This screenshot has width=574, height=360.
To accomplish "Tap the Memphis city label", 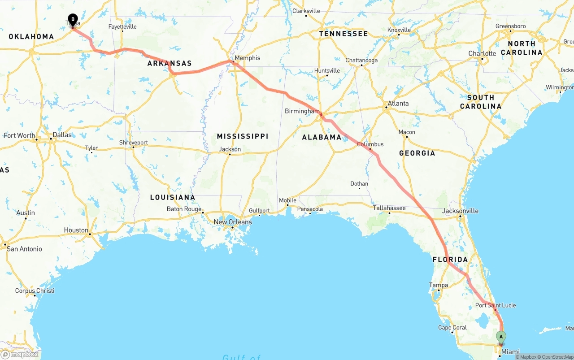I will point(247,58).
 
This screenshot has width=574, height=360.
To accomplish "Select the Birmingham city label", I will point(302,111).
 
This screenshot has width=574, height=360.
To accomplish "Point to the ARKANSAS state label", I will point(170,64).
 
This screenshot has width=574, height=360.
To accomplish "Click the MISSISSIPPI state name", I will point(243,136).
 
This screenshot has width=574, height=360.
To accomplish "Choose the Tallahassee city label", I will point(389,208).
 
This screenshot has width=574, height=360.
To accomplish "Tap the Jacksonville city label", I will point(460,211).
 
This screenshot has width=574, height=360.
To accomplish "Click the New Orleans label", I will point(233,222).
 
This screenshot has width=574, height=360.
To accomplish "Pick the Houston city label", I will point(76,230).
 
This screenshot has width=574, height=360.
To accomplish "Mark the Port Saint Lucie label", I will point(496,306).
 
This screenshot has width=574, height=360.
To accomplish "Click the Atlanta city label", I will point(398,104).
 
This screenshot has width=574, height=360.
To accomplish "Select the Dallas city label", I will point(62,135).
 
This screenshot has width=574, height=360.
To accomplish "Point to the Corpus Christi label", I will point(35,291).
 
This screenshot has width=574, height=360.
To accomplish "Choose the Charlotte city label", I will point(482,54).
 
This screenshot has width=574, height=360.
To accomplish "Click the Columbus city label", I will point(370,144).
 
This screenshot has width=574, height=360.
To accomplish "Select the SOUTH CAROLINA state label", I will point(480,102).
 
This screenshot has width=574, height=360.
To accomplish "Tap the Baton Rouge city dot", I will point(203,213).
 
